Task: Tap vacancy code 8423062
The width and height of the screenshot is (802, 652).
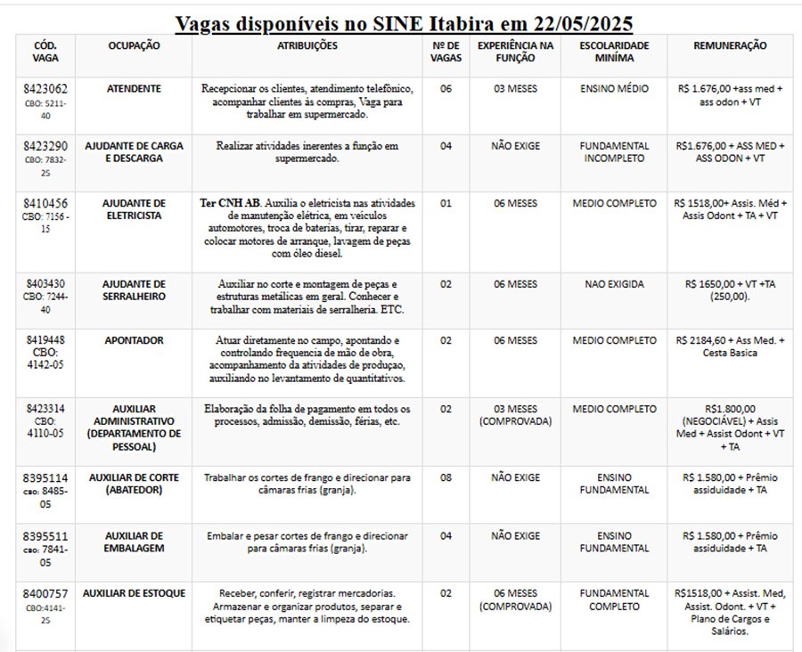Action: click(45, 90)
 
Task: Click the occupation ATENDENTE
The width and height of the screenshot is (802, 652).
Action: click(134, 89)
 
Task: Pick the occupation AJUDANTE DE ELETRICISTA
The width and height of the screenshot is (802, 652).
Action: click(134, 209)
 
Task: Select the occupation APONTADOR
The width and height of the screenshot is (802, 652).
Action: click(134, 340)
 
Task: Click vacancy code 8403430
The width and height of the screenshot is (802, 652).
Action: click(45, 284)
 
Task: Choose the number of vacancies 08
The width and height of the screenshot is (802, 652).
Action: click(446, 477)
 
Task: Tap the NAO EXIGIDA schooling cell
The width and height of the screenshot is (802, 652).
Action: click(612, 284)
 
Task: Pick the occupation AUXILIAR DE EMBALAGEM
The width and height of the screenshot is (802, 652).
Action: click(134, 542)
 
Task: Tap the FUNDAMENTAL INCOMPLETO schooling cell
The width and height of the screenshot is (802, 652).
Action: click(612, 151)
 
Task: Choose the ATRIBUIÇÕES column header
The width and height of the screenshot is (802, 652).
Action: click(307, 45)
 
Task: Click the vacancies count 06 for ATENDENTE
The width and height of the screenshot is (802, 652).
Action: click(446, 89)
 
